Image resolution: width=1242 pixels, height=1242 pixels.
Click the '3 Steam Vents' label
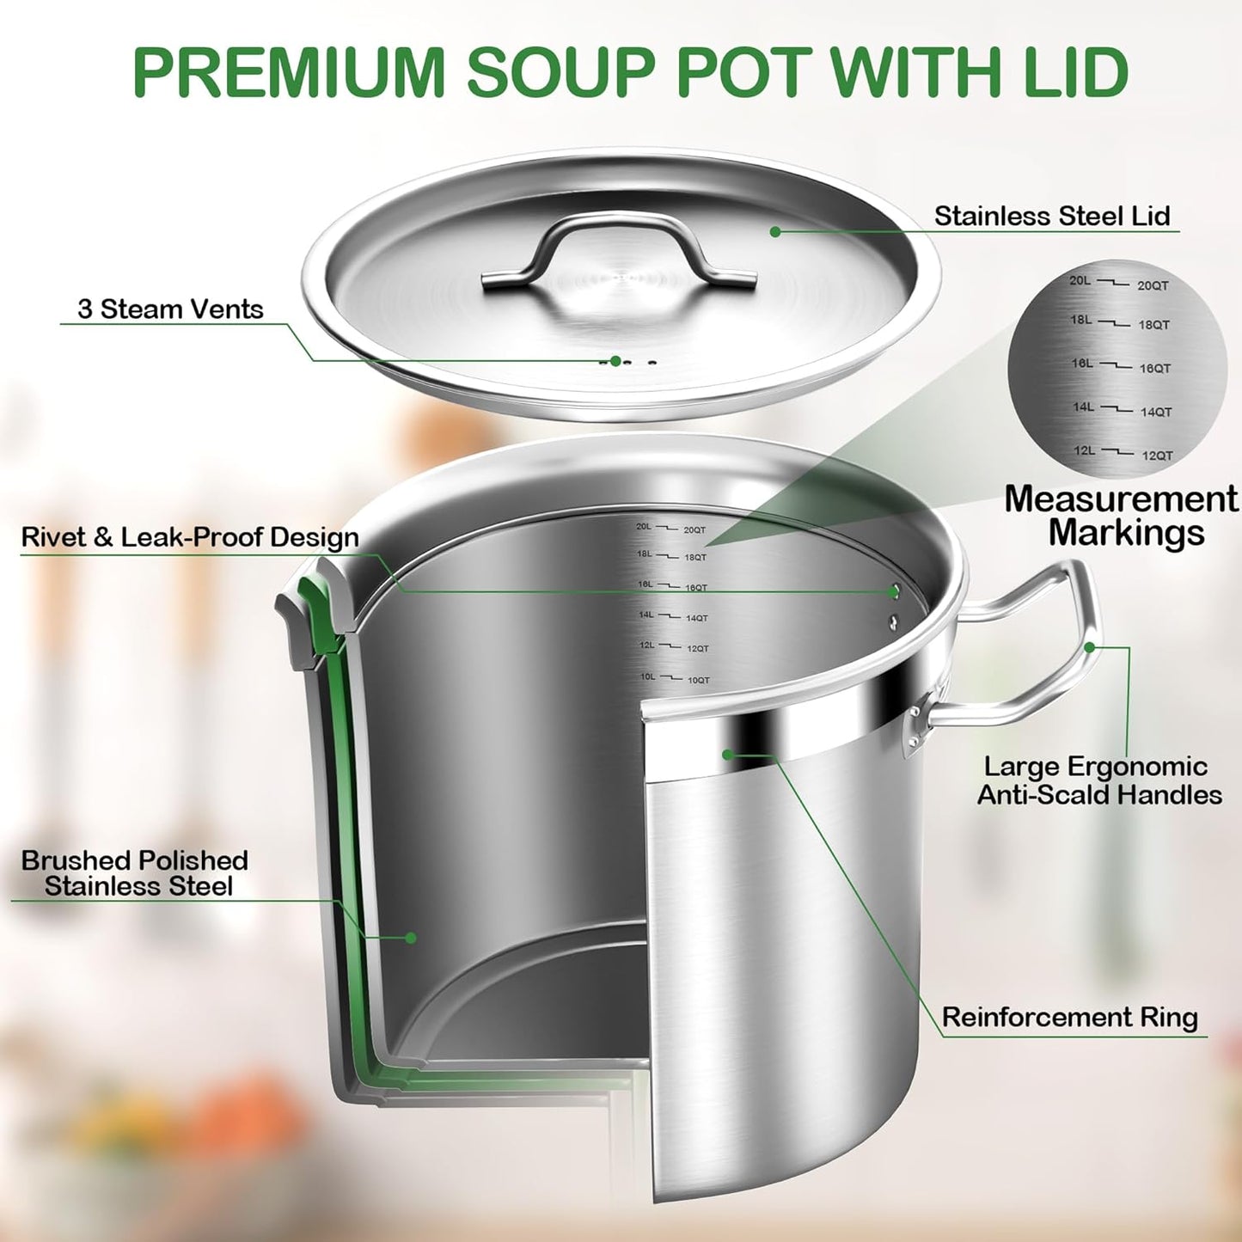[170, 309]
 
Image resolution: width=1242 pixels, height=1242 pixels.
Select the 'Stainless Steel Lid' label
[1052, 216]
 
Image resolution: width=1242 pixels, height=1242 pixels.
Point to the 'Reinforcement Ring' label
[1069, 1018]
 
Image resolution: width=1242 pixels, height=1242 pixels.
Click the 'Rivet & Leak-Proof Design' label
[190, 537]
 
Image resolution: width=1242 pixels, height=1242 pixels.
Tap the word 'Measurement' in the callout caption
[1121, 499]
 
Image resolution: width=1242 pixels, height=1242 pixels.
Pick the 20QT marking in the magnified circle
[1153, 286]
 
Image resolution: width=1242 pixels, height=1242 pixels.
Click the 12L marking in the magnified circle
[1084, 450]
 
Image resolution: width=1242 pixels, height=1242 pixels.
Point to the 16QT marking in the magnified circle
[1155, 369]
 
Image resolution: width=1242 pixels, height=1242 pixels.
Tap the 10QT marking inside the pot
[699, 681]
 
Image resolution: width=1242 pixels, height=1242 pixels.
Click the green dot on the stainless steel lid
[775, 231]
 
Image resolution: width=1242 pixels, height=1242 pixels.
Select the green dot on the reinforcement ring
[727, 755]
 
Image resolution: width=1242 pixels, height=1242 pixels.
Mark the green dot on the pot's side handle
[1090, 647]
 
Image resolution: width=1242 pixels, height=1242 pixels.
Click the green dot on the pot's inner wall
[411, 938]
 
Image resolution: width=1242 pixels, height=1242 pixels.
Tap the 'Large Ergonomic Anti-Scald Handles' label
[1099, 780]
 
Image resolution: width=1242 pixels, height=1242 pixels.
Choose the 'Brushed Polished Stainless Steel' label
[135, 873]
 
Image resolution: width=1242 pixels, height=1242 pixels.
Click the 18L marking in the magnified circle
[1081, 320]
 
